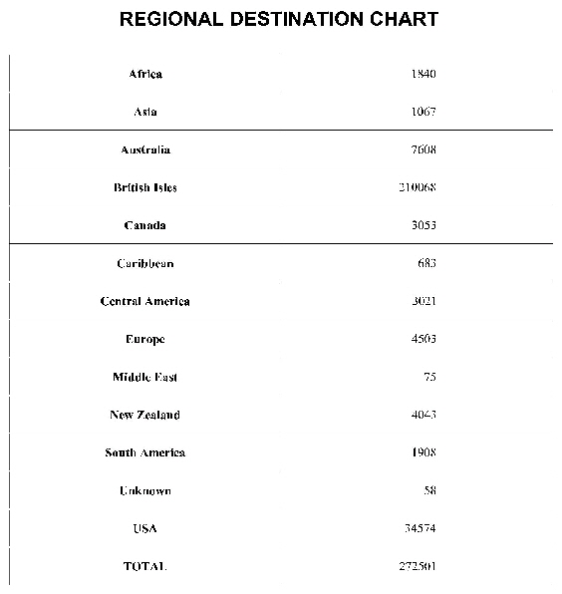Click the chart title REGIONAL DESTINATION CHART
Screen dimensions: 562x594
point(278,20)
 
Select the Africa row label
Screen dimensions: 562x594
point(145,74)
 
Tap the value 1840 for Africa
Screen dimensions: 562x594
point(423,74)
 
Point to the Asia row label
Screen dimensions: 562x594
point(145,112)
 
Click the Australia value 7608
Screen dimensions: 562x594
point(423,149)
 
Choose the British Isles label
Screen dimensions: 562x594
point(145,187)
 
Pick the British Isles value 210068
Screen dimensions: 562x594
point(418,187)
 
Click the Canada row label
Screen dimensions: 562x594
point(145,225)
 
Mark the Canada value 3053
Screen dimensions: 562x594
point(423,225)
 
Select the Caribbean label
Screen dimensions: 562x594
point(145,263)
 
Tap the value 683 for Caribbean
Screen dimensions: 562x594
point(427,263)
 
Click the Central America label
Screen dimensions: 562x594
point(145,301)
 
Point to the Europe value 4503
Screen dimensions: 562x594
point(423,339)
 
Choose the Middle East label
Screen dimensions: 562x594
point(145,377)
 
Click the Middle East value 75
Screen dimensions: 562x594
point(430,377)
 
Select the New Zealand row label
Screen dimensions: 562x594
point(145,415)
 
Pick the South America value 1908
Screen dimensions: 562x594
point(423,452)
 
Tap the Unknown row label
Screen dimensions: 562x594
point(145,490)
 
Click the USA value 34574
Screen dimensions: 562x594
point(421,528)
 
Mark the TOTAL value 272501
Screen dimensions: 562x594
point(418,566)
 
